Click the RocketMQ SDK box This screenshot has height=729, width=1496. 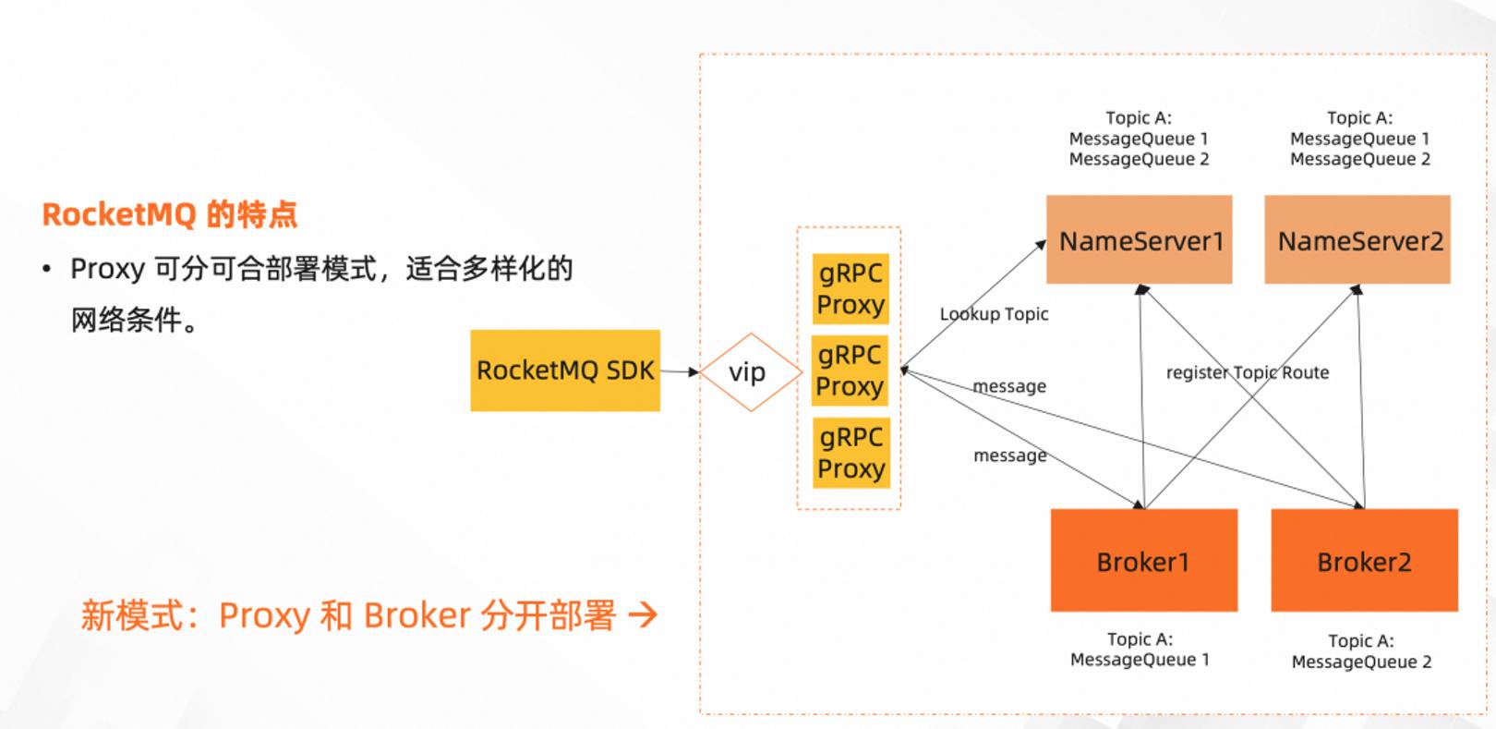[565, 371]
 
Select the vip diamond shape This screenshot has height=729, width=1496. [751, 372]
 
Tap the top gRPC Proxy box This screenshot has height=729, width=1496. [851, 288]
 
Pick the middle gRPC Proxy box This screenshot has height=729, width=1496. [850, 371]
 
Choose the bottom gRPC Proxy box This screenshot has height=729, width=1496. [851, 453]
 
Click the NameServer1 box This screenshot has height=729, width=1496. [1140, 240]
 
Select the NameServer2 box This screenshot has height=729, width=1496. [1357, 240]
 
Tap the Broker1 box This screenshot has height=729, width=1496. [1144, 560]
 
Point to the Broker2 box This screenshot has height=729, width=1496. [1365, 560]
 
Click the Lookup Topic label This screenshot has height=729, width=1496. [994, 314]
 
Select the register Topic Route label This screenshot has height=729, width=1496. [1248, 373]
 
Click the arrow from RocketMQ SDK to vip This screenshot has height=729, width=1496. [680, 371]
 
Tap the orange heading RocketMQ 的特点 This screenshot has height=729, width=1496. [170, 214]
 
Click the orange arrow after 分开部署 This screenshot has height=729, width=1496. [643, 614]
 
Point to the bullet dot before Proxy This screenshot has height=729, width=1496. [46, 269]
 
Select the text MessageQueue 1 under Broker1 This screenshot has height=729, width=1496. [1140, 660]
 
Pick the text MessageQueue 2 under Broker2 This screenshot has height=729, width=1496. [1362, 662]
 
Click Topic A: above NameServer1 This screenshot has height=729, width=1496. [1139, 118]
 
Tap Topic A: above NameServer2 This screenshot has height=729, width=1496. [1359, 118]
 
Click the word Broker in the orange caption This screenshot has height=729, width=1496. [417, 615]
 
